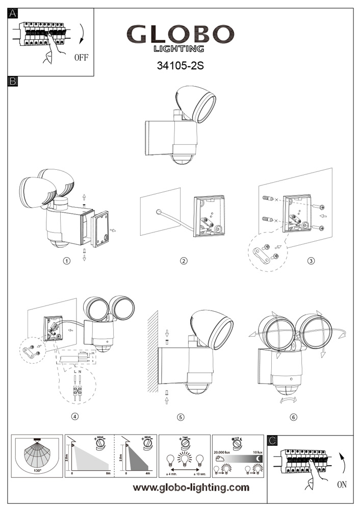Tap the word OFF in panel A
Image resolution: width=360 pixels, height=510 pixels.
tap(81, 57)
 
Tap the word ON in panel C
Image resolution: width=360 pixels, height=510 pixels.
tap(342, 484)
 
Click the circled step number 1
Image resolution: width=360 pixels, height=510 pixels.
tap(66, 261)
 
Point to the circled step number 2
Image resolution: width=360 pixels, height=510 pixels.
tap(184, 261)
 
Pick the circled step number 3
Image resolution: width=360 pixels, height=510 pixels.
tap(311, 261)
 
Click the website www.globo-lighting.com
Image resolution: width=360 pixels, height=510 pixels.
tap(191, 488)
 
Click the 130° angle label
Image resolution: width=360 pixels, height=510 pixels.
tap(37, 471)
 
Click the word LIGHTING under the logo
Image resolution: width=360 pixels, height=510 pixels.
tap(179, 49)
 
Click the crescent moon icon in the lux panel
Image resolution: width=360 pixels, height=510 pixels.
tap(260, 460)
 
